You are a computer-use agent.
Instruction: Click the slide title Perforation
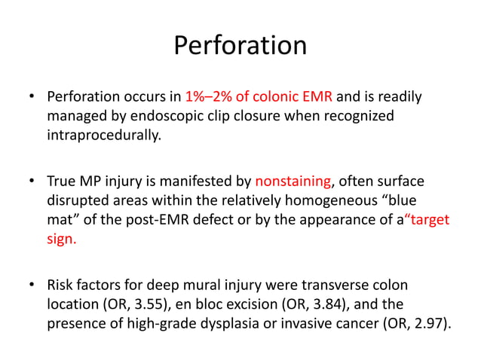240,46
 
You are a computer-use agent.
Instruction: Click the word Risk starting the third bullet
61,285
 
